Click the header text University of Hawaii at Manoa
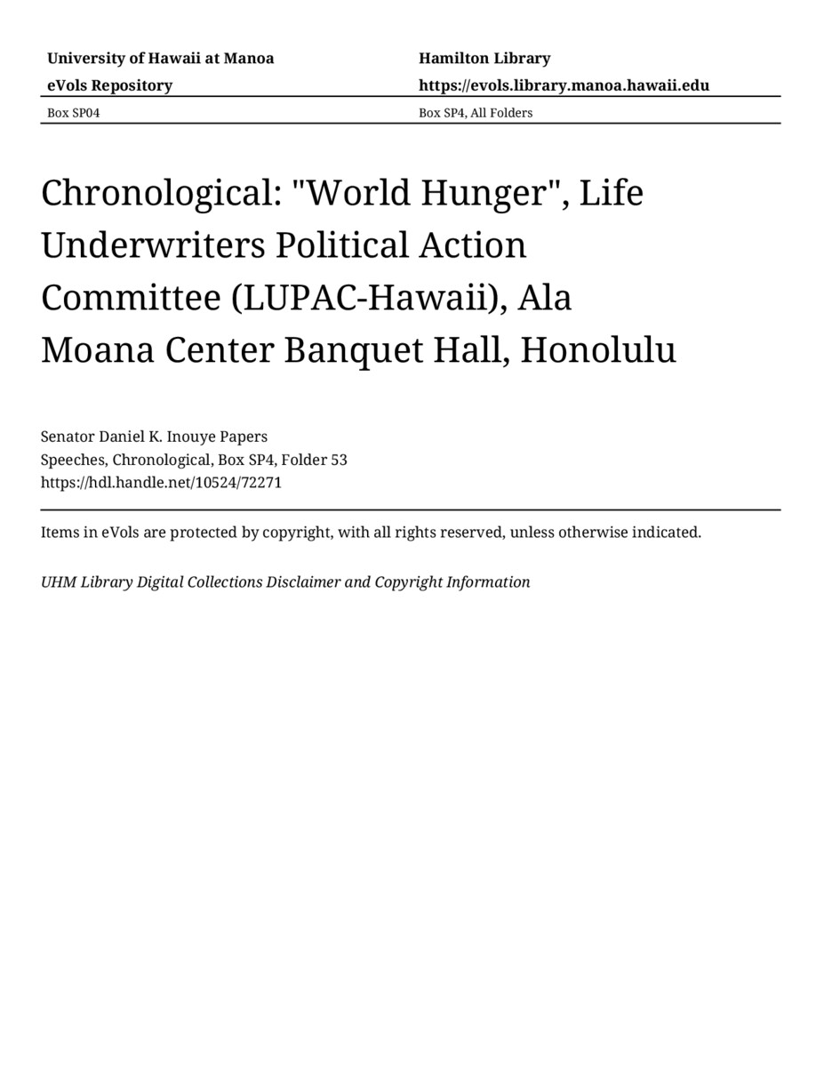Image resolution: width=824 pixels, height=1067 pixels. point(160,59)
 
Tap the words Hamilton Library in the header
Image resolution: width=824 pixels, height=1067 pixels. point(484,59)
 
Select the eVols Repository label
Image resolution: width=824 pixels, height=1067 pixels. point(109,85)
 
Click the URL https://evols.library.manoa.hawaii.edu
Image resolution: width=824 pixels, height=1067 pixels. point(564,85)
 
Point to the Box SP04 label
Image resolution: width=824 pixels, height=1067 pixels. point(74,113)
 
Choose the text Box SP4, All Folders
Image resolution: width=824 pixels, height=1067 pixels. point(476,113)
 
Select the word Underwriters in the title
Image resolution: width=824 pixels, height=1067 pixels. point(153,245)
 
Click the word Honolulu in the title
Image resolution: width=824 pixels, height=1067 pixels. point(598,350)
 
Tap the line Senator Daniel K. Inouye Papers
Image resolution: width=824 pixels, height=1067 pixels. point(154,437)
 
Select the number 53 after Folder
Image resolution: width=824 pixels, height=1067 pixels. point(339,461)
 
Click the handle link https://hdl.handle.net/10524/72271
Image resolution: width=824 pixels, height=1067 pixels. point(161,484)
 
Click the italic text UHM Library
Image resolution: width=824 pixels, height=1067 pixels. point(85,582)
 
